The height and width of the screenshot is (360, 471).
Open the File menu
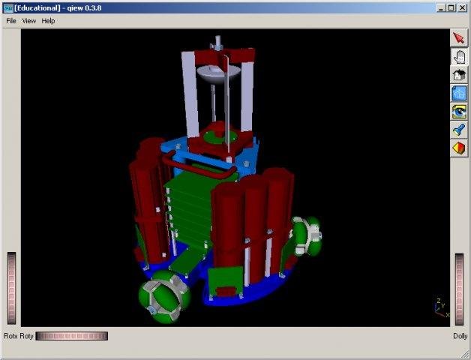(x=10, y=21)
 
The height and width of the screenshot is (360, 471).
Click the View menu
(x=28, y=21)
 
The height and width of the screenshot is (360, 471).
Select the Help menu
(x=48, y=21)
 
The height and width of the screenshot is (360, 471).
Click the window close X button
(x=463, y=7)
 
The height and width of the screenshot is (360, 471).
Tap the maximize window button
(x=451, y=7)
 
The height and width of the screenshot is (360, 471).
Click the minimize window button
(x=441, y=7)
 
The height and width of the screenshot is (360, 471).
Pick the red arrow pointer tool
(x=459, y=38)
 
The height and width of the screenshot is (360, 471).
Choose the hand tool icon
(x=459, y=56)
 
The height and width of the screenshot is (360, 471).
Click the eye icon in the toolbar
(x=459, y=112)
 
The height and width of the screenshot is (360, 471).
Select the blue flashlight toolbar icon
(x=459, y=130)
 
